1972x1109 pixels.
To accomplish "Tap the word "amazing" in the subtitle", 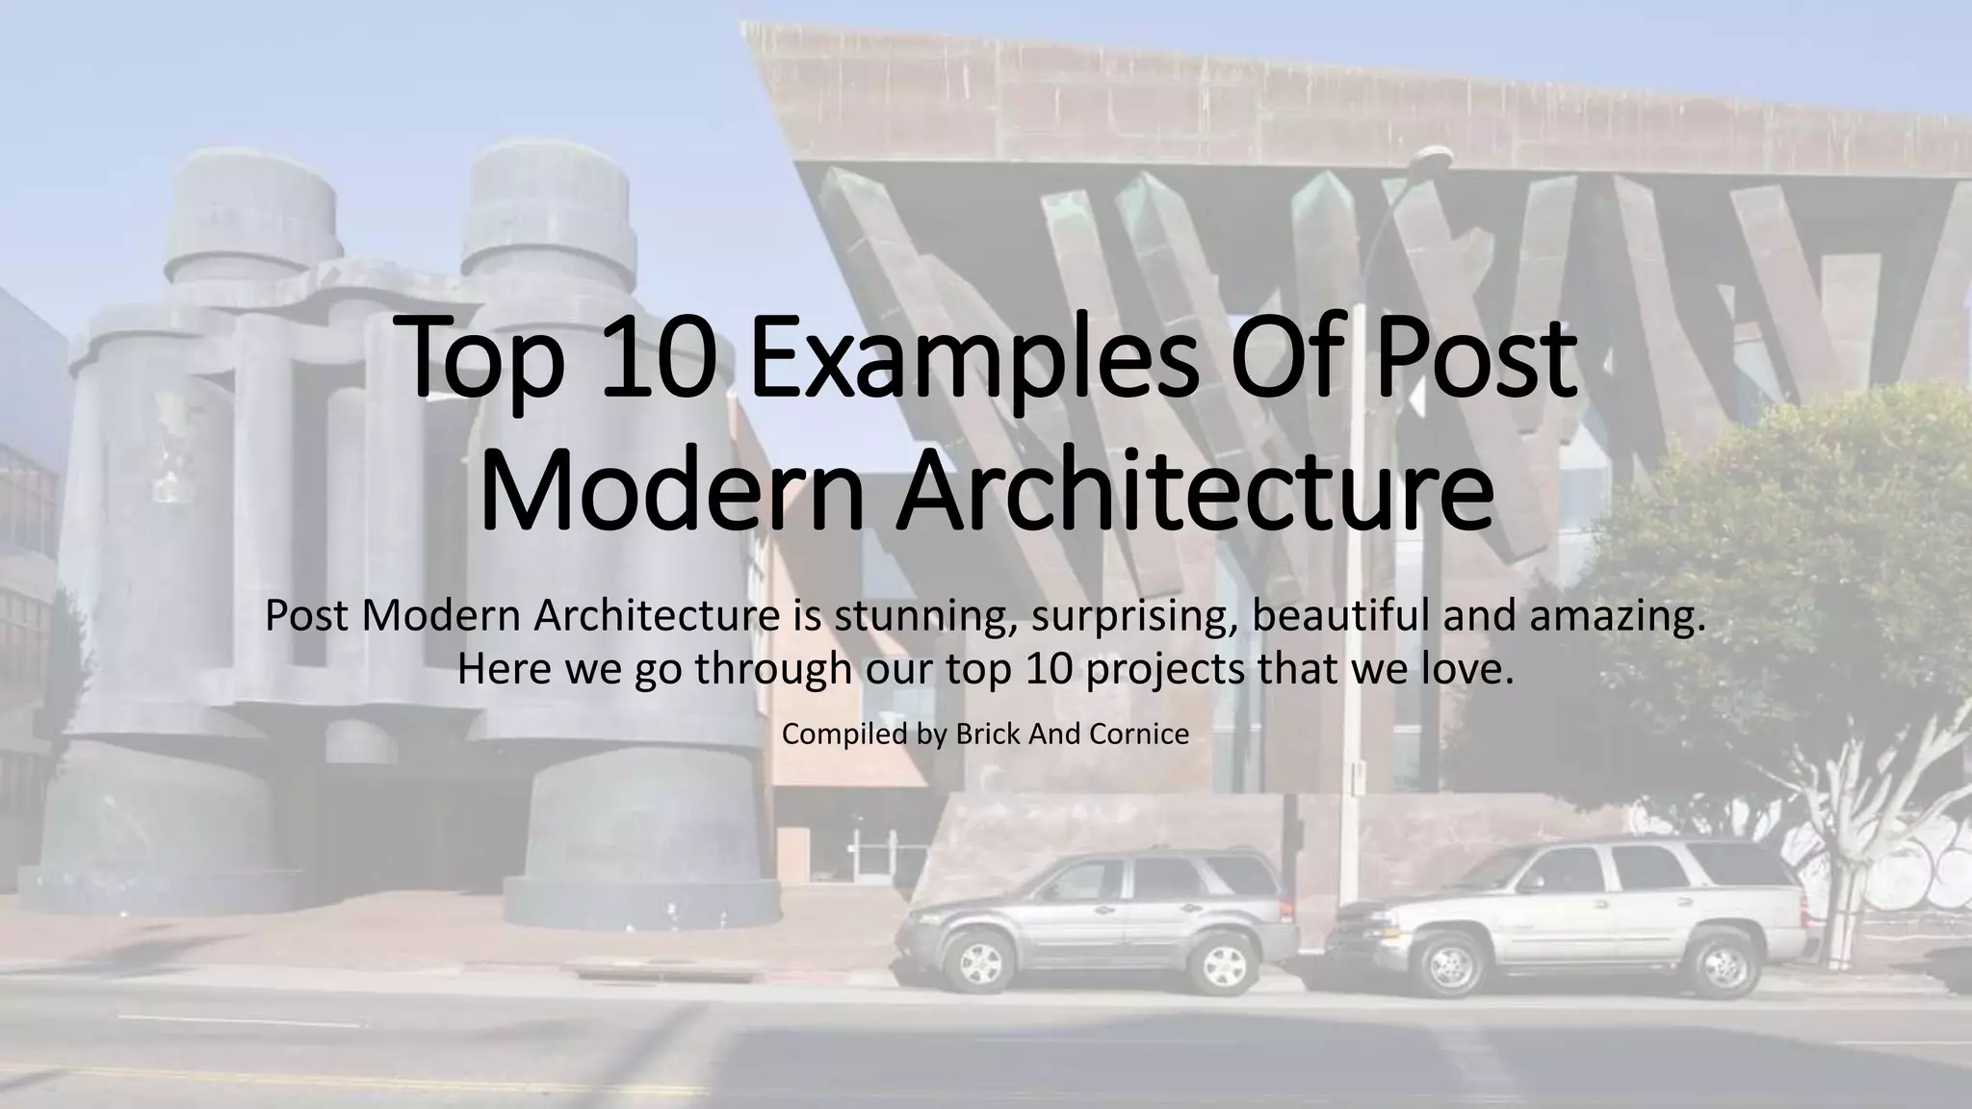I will (1618, 616).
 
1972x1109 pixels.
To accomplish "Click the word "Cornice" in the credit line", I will (1139, 735).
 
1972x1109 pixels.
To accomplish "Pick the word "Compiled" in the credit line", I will (839, 735).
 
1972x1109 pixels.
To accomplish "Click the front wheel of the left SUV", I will (980, 962).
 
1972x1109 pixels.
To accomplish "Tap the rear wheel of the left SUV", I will (1222, 966).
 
